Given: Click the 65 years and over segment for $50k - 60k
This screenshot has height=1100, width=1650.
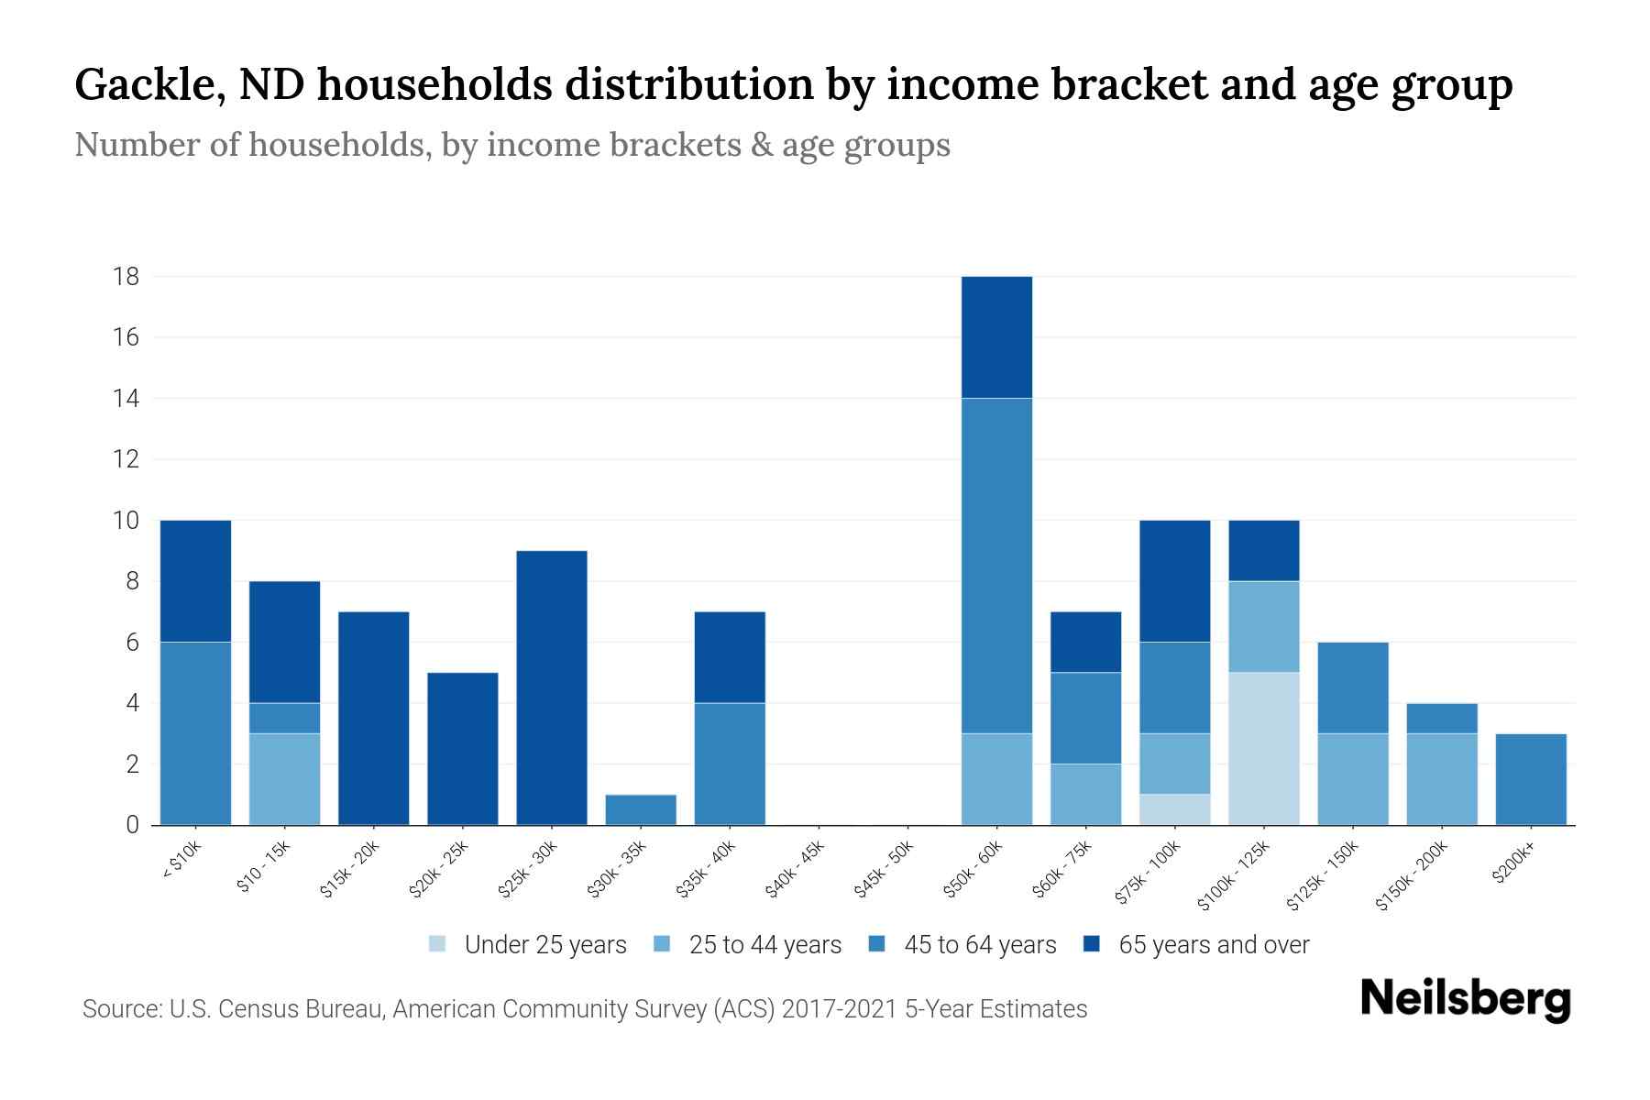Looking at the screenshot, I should click(996, 337).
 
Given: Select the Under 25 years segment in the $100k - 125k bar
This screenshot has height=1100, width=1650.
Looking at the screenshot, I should click(1263, 748).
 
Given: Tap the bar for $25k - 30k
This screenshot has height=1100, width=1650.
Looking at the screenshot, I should click(552, 687).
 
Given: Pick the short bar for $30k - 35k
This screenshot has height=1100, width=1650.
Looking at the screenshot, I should click(641, 809).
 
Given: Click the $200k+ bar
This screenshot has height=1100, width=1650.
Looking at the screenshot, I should click(1530, 779).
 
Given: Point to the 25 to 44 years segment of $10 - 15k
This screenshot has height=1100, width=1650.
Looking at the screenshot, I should click(284, 779).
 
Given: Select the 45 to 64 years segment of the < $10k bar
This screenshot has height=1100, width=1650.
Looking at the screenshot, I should click(195, 733).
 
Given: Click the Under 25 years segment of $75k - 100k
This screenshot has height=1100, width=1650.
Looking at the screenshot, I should click(1174, 809).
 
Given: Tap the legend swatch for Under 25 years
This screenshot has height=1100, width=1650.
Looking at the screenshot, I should click(437, 943).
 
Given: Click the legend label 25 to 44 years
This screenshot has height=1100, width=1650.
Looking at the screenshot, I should click(764, 944).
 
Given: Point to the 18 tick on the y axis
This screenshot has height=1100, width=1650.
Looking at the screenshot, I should click(126, 276).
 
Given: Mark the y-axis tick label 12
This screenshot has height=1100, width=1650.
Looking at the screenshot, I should click(126, 459).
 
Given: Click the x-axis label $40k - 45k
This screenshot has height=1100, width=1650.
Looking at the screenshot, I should click(797, 869).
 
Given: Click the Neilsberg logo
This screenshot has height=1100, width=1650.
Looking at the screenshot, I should click(1465, 999).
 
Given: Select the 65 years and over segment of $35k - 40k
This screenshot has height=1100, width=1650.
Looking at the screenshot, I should click(730, 656).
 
